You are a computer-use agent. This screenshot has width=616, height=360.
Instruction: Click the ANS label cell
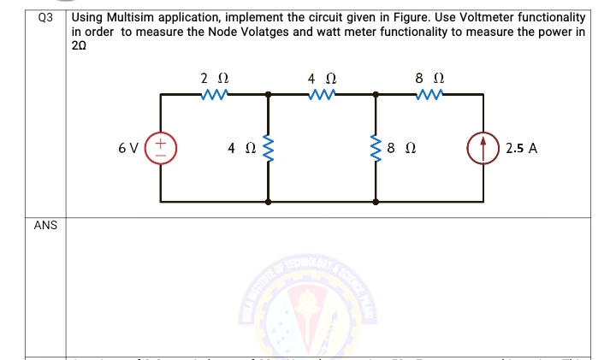45,226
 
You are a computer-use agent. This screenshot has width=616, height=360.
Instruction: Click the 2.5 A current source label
521,148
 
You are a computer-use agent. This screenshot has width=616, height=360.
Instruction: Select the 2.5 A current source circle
482,148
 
